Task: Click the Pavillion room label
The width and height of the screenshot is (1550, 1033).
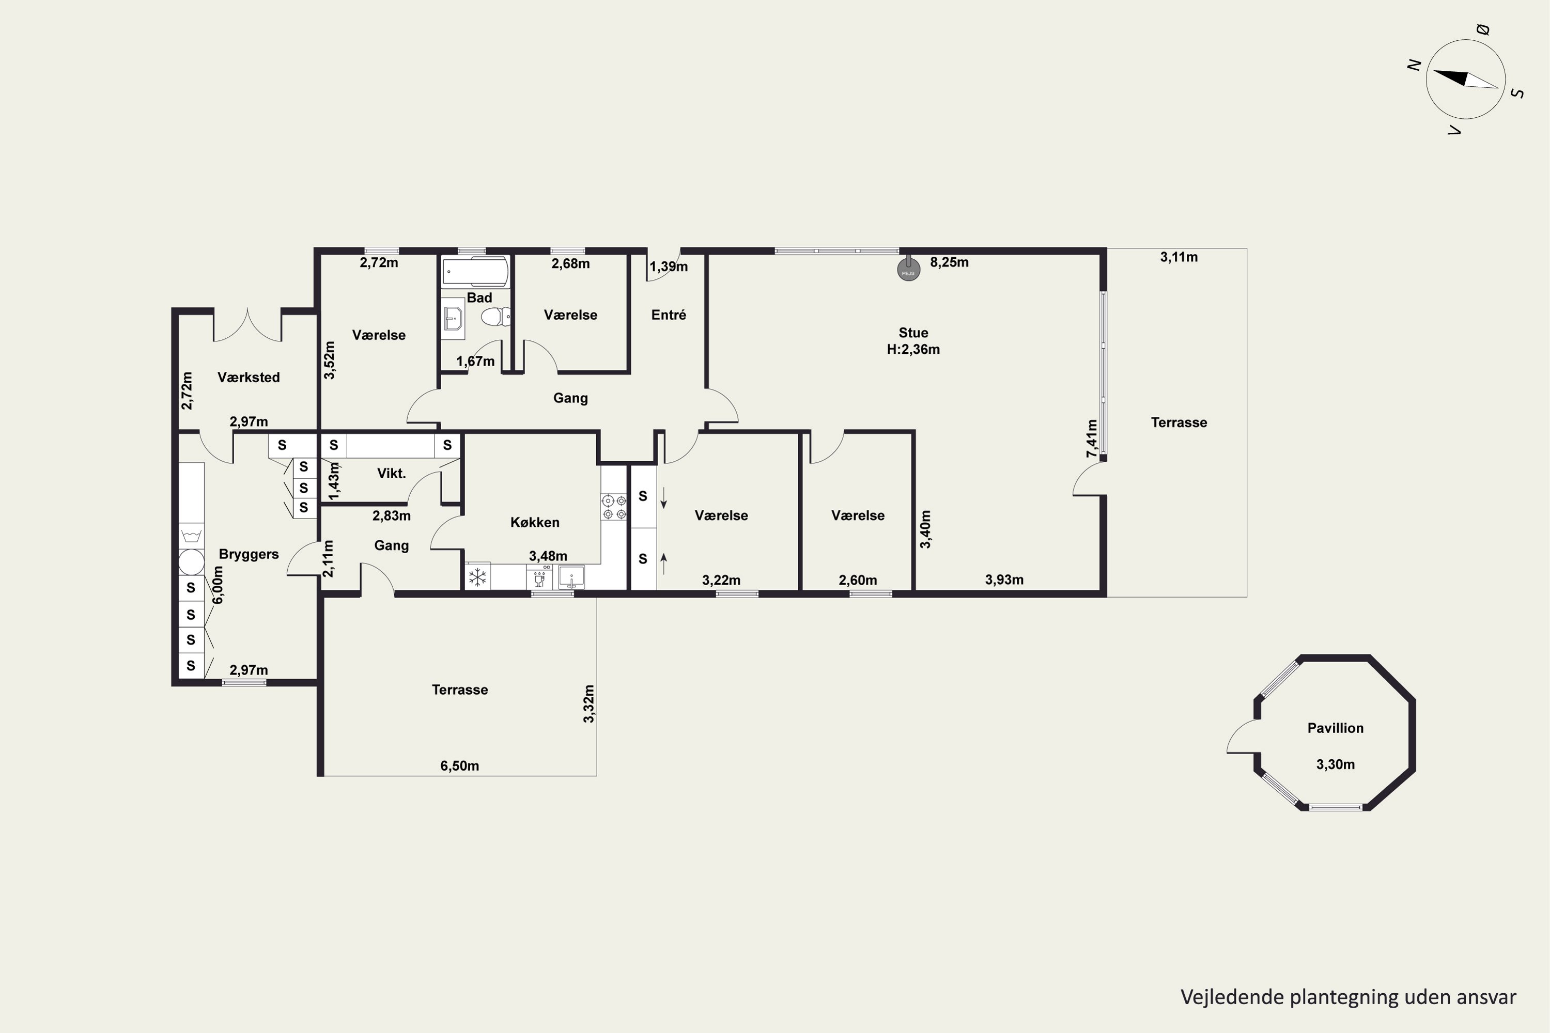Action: click(x=1335, y=728)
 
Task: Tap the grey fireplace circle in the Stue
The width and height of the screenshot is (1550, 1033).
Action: click(x=909, y=270)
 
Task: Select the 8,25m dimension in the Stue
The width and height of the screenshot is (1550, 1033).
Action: click(x=949, y=262)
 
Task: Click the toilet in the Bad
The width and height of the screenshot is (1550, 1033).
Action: click(x=496, y=318)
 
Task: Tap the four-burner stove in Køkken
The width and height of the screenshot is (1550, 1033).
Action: click(x=614, y=507)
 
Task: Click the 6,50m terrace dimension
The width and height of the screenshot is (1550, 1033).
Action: click(x=459, y=765)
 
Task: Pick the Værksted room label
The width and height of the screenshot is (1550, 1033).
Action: click(x=249, y=377)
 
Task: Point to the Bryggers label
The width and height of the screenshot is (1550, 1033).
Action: click(x=249, y=554)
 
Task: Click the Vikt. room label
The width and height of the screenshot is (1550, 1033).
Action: click(x=392, y=473)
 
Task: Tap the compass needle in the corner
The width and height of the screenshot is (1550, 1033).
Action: click(x=1466, y=79)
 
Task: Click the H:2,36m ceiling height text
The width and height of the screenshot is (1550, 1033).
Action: click(x=913, y=349)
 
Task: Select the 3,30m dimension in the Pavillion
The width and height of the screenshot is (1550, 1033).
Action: click(x=1335, y=764)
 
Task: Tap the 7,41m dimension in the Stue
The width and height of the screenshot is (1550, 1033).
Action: click(x=1092, y=439)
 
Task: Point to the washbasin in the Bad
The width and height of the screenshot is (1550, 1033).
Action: click(x=453, y=318)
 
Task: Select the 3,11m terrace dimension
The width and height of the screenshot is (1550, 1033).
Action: click(x=1179, y=257)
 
